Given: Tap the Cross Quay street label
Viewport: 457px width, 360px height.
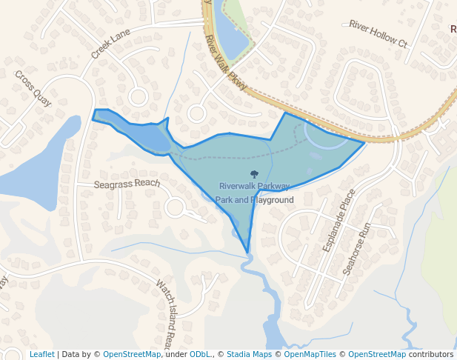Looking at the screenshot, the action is click(33, 88).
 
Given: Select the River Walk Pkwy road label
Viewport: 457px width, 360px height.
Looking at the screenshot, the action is click(226, 62).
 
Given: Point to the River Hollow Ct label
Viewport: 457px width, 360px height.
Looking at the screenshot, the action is click(378, 34).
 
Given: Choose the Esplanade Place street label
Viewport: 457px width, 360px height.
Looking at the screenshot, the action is click(339, 220).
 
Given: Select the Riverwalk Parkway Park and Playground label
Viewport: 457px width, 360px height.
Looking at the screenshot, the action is click(254, 193).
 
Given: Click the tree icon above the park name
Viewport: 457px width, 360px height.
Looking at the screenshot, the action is click(254, 175).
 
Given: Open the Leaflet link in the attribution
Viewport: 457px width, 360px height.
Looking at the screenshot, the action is click(41, 354).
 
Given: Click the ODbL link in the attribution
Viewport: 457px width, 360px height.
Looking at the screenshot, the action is click(200, 354).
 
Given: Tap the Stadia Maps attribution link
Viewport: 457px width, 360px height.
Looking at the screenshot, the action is click(249, 354).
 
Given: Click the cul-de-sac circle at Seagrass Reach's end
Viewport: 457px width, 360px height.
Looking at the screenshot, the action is click(176, 207).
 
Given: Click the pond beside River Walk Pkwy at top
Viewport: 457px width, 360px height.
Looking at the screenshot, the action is click(232, 37).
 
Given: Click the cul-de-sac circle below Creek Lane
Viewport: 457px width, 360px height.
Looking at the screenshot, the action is click(138, 96).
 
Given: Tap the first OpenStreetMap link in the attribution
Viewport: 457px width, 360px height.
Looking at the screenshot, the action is click(132, 354).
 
